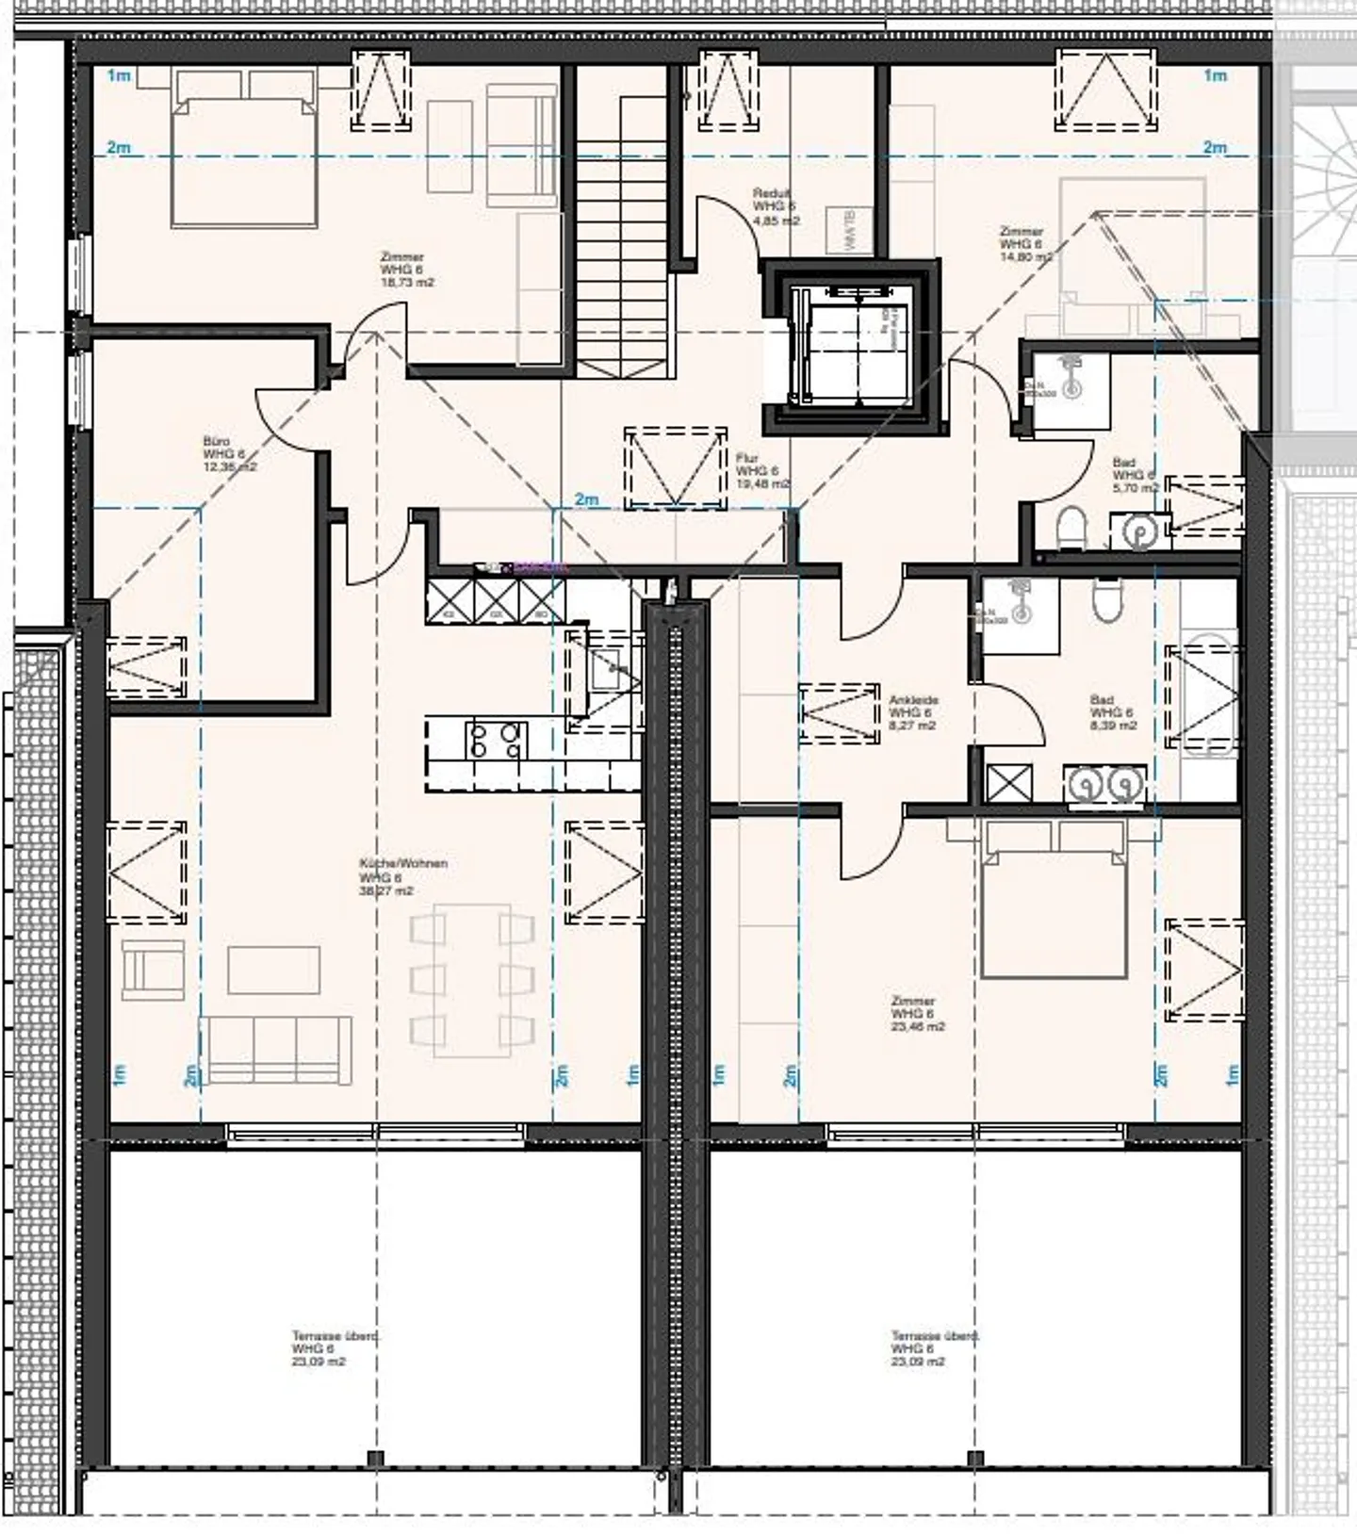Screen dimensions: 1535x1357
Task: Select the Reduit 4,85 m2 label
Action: [x=776, y=206]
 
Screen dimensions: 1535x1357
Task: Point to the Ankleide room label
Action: [x=913, y=713]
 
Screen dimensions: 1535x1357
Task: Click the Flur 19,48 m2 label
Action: [x=762, y=470]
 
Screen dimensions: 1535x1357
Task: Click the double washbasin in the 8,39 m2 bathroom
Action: [x=1105, y=784]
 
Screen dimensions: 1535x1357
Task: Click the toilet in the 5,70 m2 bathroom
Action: [x=1071, y=528]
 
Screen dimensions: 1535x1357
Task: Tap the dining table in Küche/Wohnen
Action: [x=472, y=979]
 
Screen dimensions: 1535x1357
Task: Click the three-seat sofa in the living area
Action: [x=276, y=1049]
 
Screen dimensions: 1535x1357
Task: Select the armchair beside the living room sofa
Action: [x=153, y=969]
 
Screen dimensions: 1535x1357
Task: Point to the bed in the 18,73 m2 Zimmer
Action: [x=243, y=161]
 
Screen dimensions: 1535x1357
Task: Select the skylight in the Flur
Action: [x=676, y=468]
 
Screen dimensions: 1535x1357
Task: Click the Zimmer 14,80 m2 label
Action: [x=1024, y=243]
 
